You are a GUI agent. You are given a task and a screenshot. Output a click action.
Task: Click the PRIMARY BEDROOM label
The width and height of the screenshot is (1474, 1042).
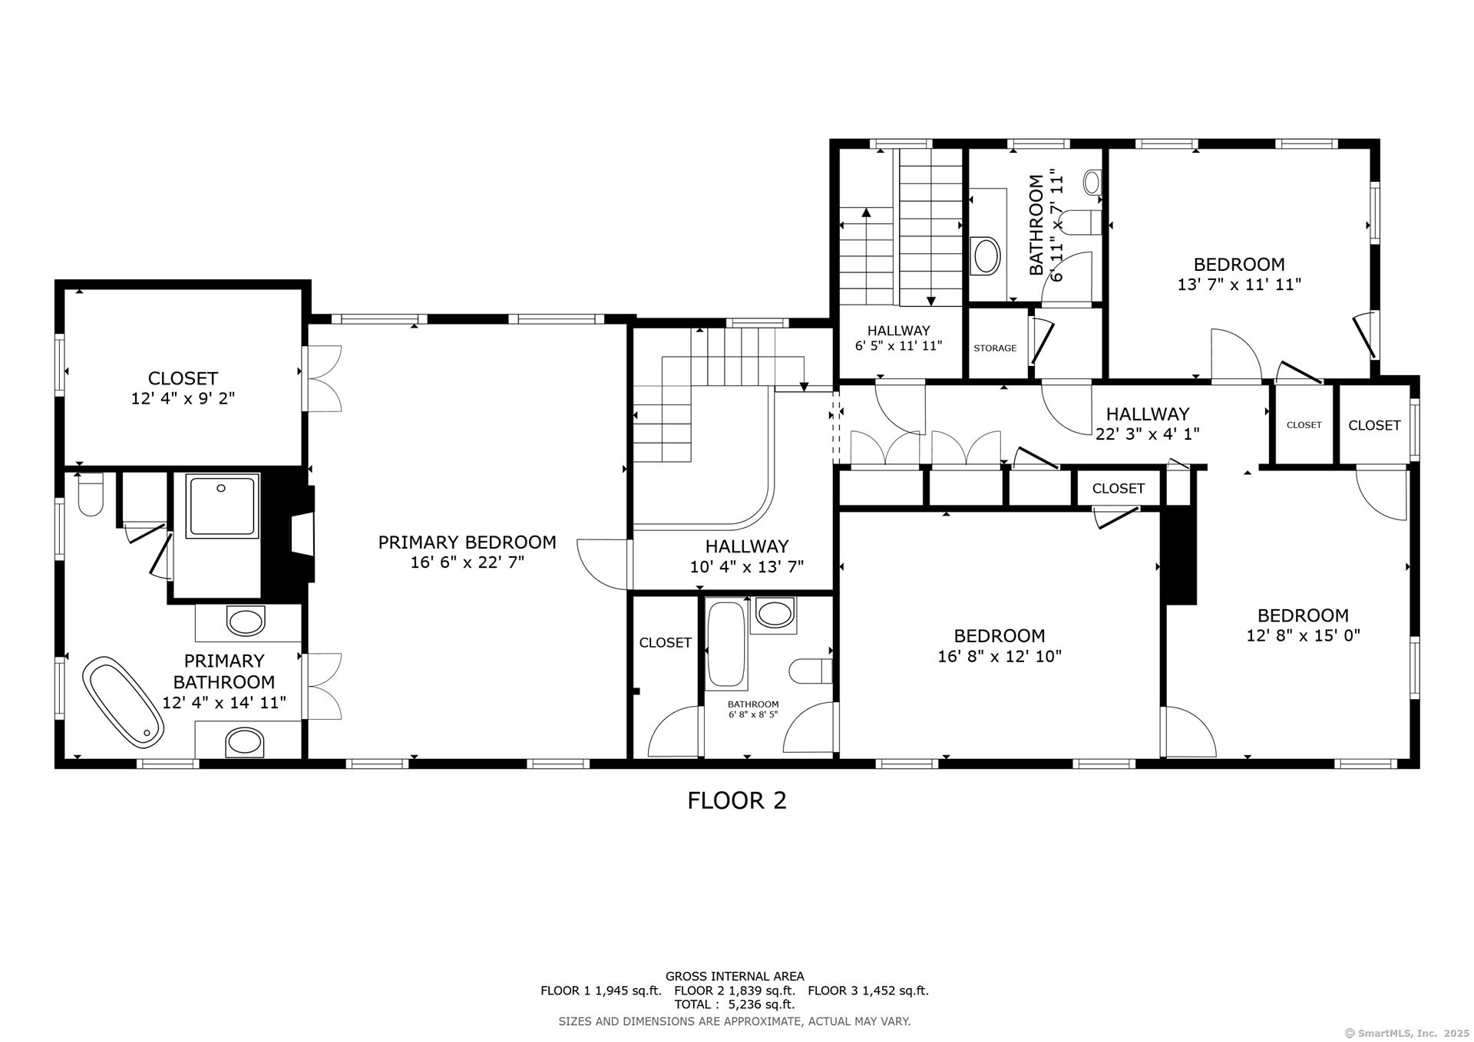click(467, 542)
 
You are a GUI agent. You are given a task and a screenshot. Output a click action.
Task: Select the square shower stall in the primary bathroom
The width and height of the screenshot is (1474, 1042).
click(224, 505)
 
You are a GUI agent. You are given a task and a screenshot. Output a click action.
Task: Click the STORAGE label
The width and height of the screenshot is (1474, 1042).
click(995, 348)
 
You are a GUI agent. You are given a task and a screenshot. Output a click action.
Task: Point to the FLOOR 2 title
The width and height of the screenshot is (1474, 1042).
click(736, 801)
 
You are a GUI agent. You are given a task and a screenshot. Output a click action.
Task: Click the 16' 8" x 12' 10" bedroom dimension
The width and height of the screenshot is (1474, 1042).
click(999, 657)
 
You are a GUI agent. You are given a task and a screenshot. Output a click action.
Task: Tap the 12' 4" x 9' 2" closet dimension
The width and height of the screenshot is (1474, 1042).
click(183, 399)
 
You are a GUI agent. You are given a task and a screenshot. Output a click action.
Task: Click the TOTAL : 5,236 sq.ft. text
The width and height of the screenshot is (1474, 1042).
click(735, 1004)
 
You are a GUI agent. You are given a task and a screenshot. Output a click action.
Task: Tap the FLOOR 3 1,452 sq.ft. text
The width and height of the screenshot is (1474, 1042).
click(868, 991)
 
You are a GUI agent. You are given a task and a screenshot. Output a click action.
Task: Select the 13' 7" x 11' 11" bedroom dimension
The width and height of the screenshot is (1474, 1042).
click(1239, 285)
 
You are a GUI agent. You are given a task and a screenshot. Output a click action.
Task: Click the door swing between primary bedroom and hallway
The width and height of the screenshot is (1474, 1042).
click(603, 564)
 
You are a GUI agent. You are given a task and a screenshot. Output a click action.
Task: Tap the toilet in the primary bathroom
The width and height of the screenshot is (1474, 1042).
click(91, 495)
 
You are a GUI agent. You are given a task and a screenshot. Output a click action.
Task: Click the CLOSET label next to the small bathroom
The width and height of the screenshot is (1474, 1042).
click(665, 643)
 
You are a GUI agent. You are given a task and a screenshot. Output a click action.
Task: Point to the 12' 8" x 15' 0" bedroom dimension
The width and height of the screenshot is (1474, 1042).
click(1303, 636)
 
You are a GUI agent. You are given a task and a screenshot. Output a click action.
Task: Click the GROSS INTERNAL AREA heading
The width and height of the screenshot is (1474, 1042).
click(735, 977)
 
